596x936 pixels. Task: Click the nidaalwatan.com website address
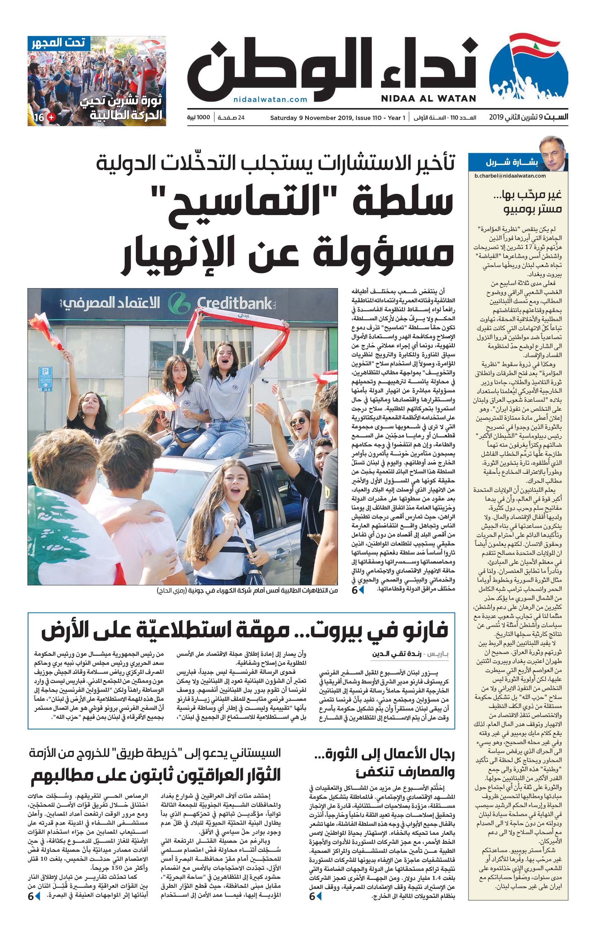tap(270, 99)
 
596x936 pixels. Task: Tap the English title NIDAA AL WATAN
tap(428, 99)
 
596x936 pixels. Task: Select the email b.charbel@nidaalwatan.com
tap(510, 176)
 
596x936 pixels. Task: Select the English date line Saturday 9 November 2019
tap(338, 118)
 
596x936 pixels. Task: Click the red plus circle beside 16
tap(51, 117)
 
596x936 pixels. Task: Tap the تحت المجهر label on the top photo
tap(58, 43)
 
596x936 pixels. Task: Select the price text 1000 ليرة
tap(198, 117)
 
